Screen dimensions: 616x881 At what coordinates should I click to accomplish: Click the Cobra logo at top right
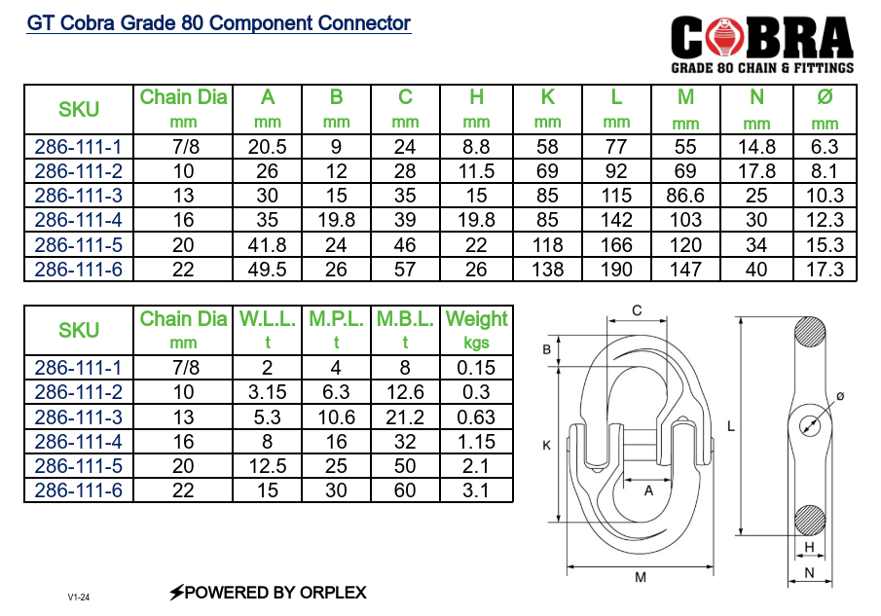click(762, 43)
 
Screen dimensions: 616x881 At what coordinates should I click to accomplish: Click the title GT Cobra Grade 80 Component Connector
click(219, 23)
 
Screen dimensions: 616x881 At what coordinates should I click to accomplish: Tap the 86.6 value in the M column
click(685, 196)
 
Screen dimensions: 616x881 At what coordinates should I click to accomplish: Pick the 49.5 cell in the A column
click(268, 270)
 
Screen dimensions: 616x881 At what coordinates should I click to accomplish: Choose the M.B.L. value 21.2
click(405, 417)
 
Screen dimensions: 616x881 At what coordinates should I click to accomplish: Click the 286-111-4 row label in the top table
click(78, 220)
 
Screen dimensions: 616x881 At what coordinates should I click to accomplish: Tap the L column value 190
click(616, 270)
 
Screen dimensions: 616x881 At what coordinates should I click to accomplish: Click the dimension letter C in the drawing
click(637, 311)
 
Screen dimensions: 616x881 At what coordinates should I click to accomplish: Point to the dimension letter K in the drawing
click(546, 445)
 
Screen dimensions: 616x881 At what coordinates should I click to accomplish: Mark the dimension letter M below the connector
click(641, 577)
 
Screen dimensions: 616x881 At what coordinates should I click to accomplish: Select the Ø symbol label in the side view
click(839, 397)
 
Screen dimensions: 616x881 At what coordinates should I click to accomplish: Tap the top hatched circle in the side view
click(810, 336)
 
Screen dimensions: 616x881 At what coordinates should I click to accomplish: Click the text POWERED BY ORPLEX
click(268, 592)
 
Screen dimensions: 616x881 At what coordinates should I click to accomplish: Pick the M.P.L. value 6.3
click(336, 393)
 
